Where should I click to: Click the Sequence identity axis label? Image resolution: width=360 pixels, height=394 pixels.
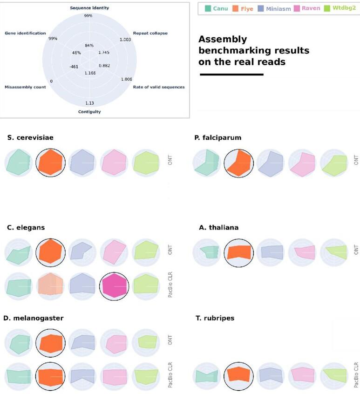coord(89,8)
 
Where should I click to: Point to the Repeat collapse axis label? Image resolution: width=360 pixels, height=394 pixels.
coord(150,34)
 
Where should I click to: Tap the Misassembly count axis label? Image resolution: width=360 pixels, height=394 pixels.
coord(25,87)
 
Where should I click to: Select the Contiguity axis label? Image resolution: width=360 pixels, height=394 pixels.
coord(89,112)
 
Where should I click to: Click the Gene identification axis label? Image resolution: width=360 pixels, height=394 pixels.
coord(25,34)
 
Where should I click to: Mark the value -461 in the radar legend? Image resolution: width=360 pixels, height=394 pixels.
coord(74,67)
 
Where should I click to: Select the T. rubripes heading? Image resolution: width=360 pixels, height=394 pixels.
coord(215,318)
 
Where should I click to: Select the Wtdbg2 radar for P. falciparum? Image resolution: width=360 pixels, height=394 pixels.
coord(334,163)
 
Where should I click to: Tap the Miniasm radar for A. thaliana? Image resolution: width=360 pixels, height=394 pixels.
coord(270,253)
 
